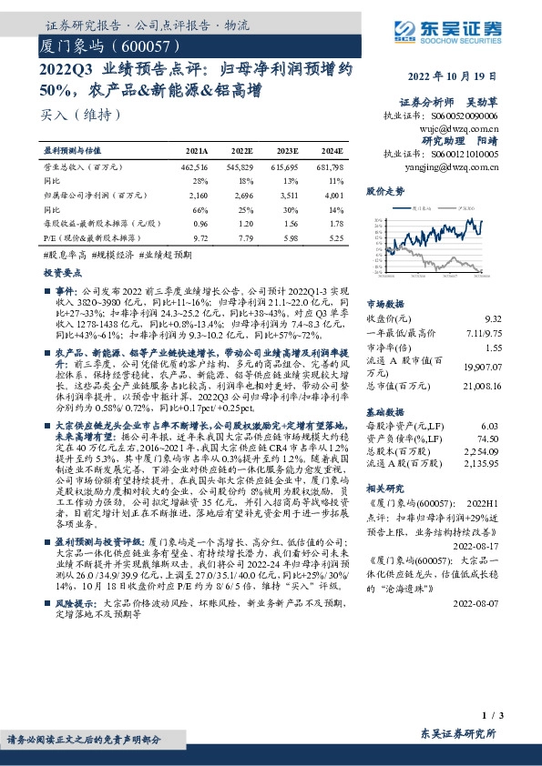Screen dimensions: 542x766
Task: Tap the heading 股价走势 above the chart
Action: pos(384,191)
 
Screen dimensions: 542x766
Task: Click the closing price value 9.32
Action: pos(492,318)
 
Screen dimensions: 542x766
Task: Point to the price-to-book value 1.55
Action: pos(492,347)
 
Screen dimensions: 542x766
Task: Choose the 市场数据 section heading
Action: pos(384,304)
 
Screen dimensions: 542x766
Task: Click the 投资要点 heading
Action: pos(63,272)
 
